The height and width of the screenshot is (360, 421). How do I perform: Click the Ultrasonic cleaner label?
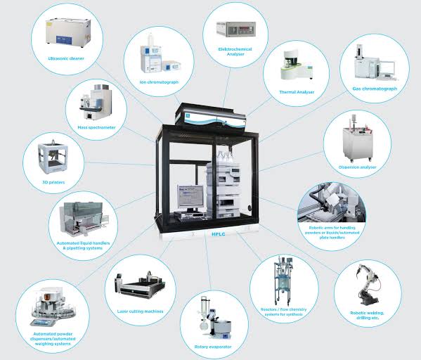point(66,58)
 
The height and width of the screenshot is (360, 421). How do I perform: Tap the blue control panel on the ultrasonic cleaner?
point(64,40)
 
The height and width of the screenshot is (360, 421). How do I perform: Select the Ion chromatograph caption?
point(159,82)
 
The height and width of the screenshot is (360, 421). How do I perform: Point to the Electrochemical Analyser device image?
point(236,29)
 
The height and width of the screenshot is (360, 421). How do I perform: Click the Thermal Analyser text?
point(297,92)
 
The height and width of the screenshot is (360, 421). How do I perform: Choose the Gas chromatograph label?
point(375,89)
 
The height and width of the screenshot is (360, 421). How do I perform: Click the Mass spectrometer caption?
point(96,127)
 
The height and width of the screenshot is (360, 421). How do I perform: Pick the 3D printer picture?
point(53,157)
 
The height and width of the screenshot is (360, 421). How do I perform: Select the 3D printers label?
point(53,182)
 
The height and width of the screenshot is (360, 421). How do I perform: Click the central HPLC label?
point(219,234)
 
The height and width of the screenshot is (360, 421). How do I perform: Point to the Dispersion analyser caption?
point(357,167)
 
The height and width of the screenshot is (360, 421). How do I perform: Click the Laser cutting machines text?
point(140,311)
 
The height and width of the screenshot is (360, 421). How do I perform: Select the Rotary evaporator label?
point(213,347)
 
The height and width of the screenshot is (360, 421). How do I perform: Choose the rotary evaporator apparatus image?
point(215,318)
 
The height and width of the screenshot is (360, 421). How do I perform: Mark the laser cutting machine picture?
point(140,285)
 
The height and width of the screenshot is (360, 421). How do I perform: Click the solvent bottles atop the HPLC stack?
point(224,157)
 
